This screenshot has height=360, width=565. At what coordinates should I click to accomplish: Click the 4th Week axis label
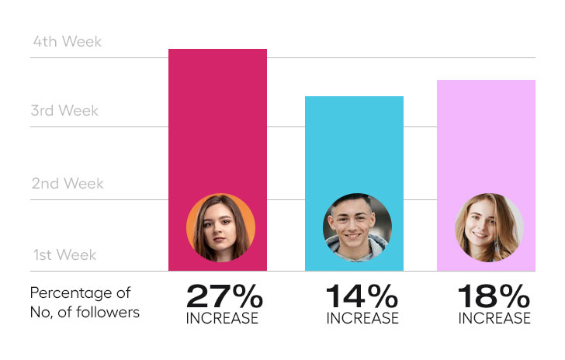(x=67, y=42)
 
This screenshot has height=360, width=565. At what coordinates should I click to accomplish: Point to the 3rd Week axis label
(x=64, y=111)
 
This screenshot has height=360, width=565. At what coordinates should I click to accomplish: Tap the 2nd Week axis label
(x=67, y=184)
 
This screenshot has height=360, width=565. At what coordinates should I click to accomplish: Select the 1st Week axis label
(x=64, y=255)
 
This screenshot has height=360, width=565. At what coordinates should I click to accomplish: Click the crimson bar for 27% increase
(x=217, y=124)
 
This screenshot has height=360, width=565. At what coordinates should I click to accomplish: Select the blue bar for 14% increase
(x=354, y=147)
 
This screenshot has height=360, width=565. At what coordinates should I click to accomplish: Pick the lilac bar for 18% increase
(x=486, y=140)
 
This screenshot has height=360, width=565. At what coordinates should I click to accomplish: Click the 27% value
(x=224, y=296)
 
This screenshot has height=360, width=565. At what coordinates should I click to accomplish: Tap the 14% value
(x=362, y=296)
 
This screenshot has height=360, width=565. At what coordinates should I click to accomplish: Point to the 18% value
(x=494, y=296)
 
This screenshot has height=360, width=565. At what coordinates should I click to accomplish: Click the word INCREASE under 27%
(x=222, y=318)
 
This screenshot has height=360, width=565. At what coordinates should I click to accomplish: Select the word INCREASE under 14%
(x=362, y=318)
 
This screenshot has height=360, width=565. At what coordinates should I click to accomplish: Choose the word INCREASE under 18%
(x=494, y=318)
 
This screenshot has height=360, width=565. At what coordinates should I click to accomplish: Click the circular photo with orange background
(x=220, y=227)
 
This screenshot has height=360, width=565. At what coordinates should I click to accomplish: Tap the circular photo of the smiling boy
(x=357, y=227)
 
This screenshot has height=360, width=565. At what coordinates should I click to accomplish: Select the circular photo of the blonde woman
(x=489, y=227)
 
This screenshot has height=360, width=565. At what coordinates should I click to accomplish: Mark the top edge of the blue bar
(x=354, y=97)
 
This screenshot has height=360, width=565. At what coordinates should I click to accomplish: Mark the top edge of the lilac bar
(x=486, y=81)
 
